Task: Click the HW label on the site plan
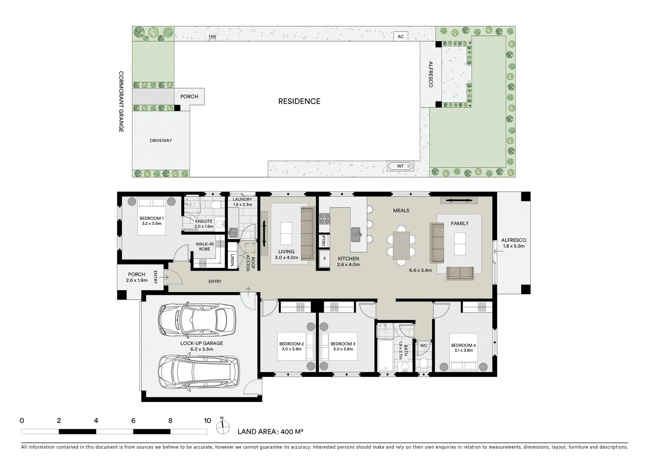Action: click(x=213, y=37)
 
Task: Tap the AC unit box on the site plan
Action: click(x=400, y=37)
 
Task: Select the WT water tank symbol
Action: click(x=400, y=166)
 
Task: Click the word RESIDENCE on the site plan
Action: click(x=299, y=101)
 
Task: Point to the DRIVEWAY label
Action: click(x=161, y=140)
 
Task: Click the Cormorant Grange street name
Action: click(x=121, y=102)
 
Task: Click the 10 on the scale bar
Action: click(x=207, y=421)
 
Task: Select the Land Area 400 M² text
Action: click(x=270, y=432)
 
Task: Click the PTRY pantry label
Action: click(x=324, y=241)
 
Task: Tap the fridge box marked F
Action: click(x=325, y=258)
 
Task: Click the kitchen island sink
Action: click(x=356, y=232)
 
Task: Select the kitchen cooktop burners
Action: click(x=324, y=218)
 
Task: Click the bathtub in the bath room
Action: click(x=386, y=355)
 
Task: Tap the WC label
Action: click(x=424, y=346)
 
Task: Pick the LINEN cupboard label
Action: click(x=232, y=260)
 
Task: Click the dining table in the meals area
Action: click(x=401, y=245)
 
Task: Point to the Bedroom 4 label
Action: click(x=463, y=348)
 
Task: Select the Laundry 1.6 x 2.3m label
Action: click(x=242, y=202)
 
